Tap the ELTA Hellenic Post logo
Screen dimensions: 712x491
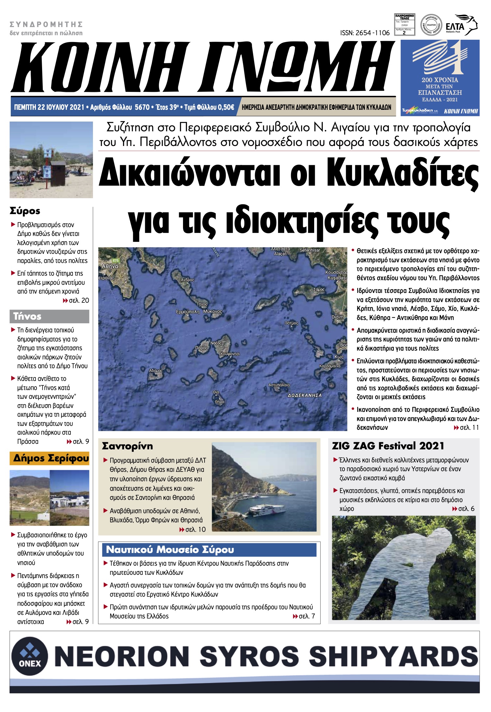tap(461, 25)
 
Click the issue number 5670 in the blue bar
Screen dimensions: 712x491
tap(142, 107)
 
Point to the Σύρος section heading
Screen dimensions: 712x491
tap(25, 211)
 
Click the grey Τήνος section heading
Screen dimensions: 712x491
tap(27, 316)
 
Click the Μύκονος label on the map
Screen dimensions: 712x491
tap(212, 312)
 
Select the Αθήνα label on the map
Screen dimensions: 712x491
tap(110, 266)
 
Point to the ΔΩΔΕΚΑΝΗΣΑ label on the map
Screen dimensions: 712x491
tap(304, 395)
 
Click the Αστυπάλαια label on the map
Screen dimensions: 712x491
tap(279, 385)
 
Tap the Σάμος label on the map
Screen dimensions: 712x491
tap(319, 289)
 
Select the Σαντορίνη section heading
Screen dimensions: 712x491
tap(127, 446)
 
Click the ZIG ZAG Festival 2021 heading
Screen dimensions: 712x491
tap(388, 446)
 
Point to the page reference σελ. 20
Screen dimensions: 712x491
tap(79, 300)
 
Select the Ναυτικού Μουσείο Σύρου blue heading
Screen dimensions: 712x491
tap(170, 549)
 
